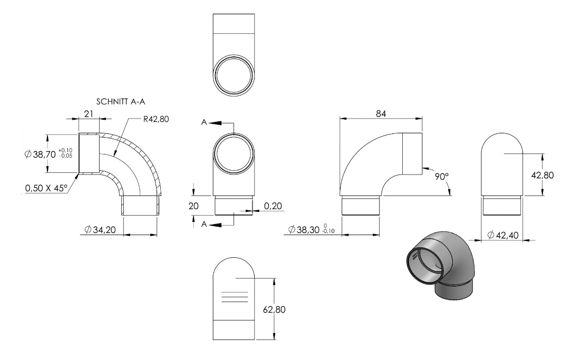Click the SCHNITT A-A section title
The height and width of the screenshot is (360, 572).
coord(121,102)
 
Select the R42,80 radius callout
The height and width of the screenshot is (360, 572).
coord(156,119)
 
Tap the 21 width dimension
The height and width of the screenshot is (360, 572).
coord(89,114)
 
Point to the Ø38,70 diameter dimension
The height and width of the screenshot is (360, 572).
coord(40,154)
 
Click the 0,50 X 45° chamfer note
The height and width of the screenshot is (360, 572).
coord(46,188)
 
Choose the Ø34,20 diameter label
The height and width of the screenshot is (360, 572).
coord(100,230)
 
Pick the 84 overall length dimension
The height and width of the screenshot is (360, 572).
coord(381,114)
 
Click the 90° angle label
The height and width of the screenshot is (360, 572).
coord(442,177)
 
